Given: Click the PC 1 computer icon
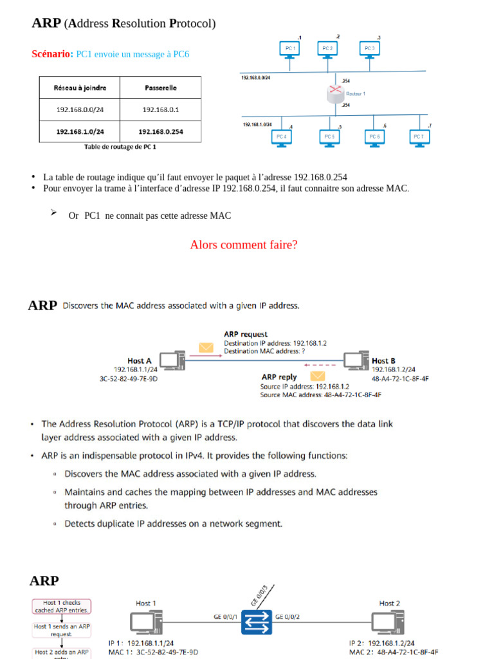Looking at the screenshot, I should [290, 50].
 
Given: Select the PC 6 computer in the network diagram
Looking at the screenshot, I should [374, 138].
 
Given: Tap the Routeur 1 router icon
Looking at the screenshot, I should [334, 95].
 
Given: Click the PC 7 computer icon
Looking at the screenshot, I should [419, 138].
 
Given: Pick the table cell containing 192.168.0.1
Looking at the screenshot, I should [160, 109].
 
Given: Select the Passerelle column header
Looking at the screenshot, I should [160, 88].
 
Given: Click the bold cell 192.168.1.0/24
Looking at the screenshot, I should [80, 131].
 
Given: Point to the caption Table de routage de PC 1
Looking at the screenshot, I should [120, 147].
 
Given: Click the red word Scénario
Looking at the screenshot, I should [52, 54].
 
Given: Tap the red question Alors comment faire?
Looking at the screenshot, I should [244, 245].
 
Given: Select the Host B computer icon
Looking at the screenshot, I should [356, 360].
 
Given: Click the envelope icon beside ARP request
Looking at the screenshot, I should [206, 348].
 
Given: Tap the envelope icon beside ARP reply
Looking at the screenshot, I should [318, 376].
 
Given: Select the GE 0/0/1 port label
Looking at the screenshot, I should [225, 617].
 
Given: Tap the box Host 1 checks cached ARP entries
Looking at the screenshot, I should [62, 606].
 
